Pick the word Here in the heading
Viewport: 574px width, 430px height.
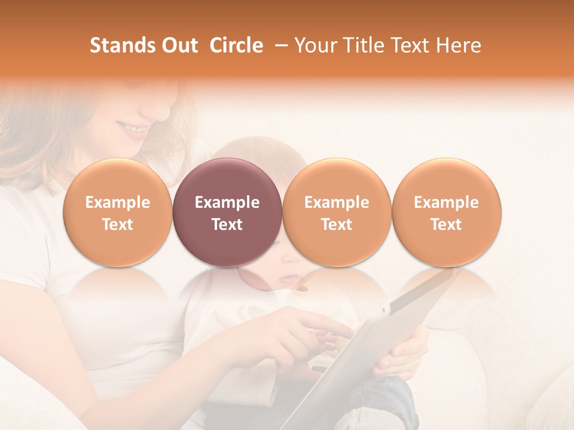tap(459, 45)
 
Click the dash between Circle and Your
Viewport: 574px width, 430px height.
tap(278, 45)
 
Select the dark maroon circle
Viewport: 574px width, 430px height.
tap(227, 212)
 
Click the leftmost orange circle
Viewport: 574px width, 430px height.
tap(118, 212)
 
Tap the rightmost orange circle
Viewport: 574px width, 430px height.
tap(447, 212)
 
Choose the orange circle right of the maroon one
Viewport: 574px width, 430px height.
tap(337, 212)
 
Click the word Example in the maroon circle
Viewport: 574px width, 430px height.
tap(227, 202)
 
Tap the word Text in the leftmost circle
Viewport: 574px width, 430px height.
tap(118, 225)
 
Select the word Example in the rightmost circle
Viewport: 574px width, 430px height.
tap(447, 202)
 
